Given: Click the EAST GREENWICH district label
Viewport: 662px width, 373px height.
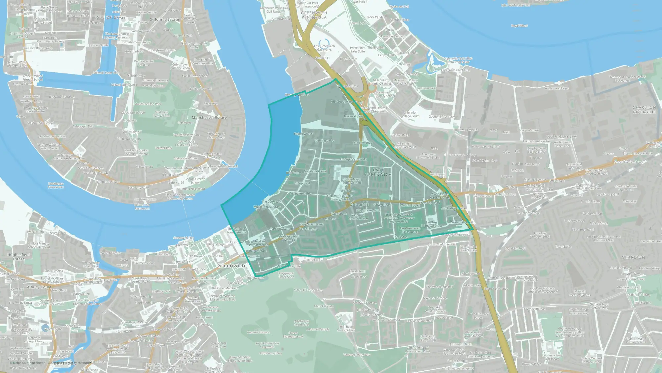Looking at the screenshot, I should pos(378,172).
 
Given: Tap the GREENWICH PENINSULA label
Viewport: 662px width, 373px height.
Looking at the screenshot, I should pos(314,15).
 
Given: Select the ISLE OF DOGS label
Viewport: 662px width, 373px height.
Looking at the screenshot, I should pos(111,17).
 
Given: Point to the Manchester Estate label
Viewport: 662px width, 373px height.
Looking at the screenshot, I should pos(209,118).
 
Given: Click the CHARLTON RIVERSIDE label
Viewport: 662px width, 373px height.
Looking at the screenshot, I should pos(644,110).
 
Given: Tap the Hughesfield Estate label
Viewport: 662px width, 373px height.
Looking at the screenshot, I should pos(19,257).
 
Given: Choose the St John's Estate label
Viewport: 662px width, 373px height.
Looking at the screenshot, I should pos(164,20).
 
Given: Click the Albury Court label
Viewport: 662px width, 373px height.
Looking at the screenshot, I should pos(39,287).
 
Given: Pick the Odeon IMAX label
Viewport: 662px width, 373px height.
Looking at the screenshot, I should pos(401,135).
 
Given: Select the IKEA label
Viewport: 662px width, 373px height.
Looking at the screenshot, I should pos(434,148).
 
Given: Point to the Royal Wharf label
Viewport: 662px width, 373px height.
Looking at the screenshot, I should pos(519,26).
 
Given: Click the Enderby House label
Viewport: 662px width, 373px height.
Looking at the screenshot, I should pos(304,134).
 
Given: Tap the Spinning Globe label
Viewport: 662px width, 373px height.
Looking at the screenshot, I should pos(324,141).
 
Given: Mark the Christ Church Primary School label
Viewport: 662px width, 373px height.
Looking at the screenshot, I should pos(351,181).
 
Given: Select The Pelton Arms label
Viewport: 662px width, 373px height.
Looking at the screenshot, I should pos(300,194).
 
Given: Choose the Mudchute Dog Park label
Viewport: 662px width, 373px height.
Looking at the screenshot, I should pos(148,104).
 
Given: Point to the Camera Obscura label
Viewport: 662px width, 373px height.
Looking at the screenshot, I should pos(258,332).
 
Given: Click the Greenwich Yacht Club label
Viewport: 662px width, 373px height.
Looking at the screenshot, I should pos(455,70).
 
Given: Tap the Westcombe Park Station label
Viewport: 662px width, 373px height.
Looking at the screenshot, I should pos(468,248).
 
